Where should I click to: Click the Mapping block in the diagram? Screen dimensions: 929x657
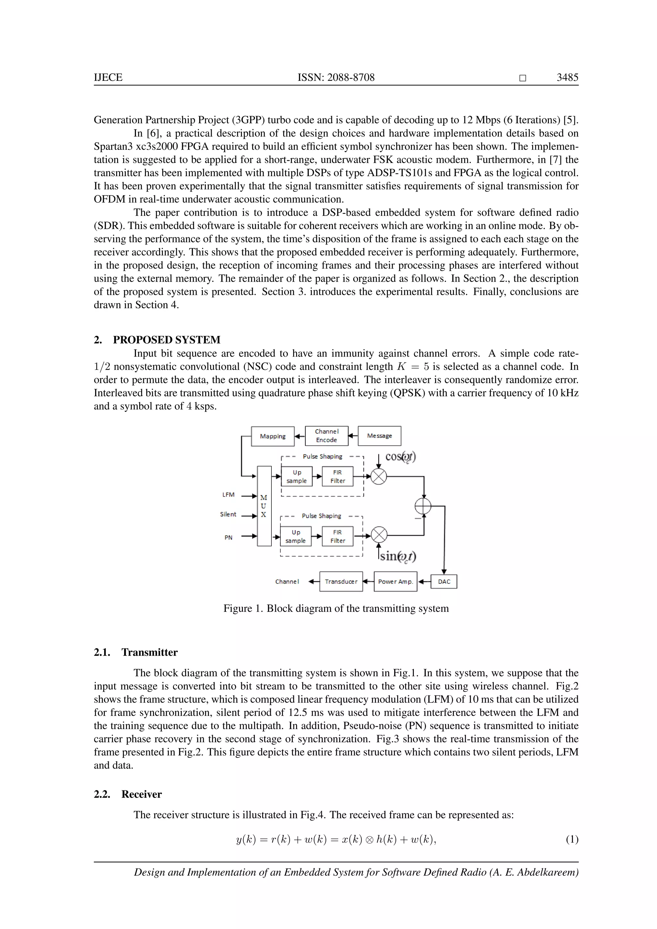pyautogui.click(x=273, y=436)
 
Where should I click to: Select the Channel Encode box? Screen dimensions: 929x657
pyautogui.click(x=327, y=436)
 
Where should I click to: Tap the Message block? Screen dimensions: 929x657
pyautogui.click(x=380, y=436)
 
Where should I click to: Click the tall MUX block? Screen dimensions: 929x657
pyautogui.click(x=264, y=506)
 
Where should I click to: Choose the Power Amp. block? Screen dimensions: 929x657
pyautogui.click(x=395, y=582)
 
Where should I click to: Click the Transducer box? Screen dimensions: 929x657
pyautogui.click(x=341, y=582)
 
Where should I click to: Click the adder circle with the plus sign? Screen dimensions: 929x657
pyautogui.click(x=423, y=506)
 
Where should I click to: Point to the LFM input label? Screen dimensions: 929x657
pyautogui.click(x=229, y=495)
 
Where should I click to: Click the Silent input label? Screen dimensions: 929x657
pyautogui.click(x=228, y=514)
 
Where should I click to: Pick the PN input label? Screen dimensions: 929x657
pyautogui.click(x=229, y=538)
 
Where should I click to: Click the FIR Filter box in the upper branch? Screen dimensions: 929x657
pyautogui.click(x=337, y=477)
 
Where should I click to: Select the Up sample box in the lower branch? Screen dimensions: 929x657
pyautogui.click(x=296, y=537)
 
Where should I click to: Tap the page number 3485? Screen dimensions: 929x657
pyautogui.click(x=567, y=77)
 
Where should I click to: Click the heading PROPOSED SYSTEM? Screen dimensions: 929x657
pyautogui.click(x=167, y=340)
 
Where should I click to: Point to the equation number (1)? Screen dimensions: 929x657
pyautogui.click(x=572, y=840)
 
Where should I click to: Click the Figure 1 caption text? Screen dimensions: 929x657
pyautogui.click(x=336, y=609)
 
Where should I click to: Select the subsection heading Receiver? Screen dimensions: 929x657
pyautogui.click(x=141, y=794)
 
